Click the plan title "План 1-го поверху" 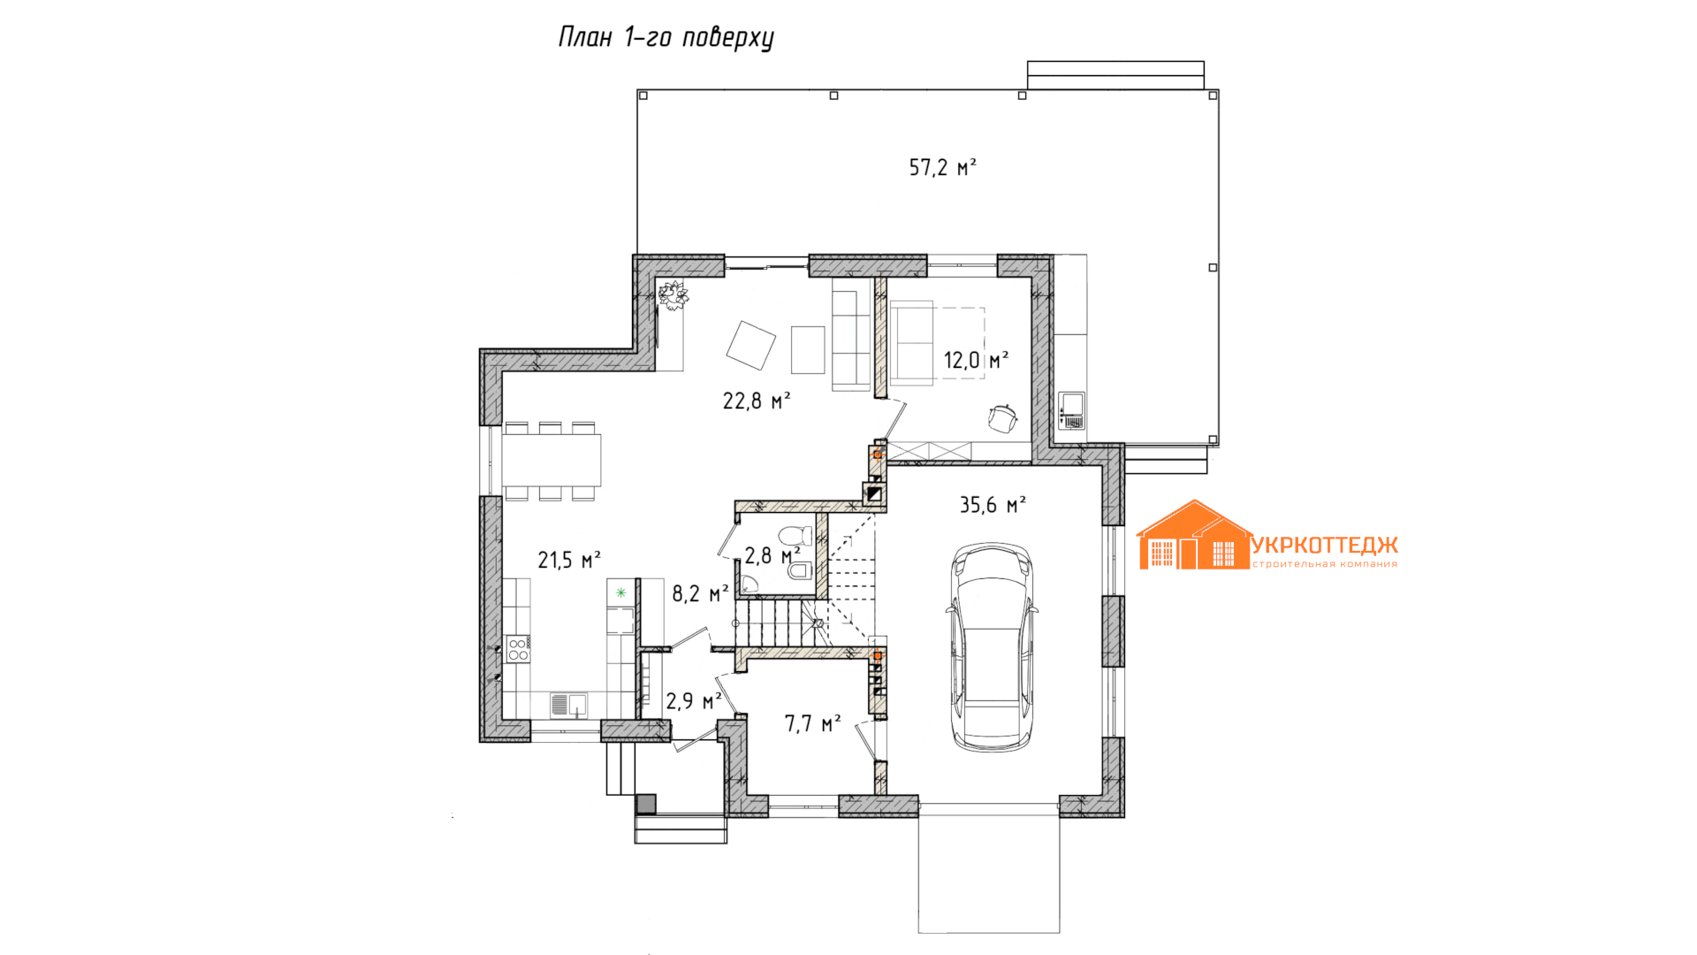point(666,38)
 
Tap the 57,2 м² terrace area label point(942,167)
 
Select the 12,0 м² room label point(976,360)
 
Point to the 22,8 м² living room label point(757,401)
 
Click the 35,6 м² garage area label point(993,505)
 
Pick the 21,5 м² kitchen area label point(569,560)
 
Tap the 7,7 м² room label point(812,724)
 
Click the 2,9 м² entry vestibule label point(694,701)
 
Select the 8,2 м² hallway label point(700,593)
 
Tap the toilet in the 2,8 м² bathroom point(795,536)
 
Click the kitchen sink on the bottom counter point(569,705)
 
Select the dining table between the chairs point(552,460)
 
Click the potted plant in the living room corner point(673,295)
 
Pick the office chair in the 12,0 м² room point(1003,418)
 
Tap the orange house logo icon point(1194,535)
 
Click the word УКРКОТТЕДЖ point(1325,546)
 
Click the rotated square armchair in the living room point(750,345)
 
